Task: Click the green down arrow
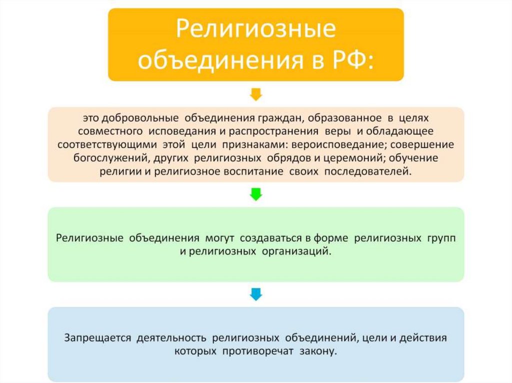click(255, 194)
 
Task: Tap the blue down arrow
click(255, 294)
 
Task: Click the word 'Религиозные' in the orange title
click(255, 29)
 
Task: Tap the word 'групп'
click(442, 238)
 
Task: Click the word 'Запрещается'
click(97, 338)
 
